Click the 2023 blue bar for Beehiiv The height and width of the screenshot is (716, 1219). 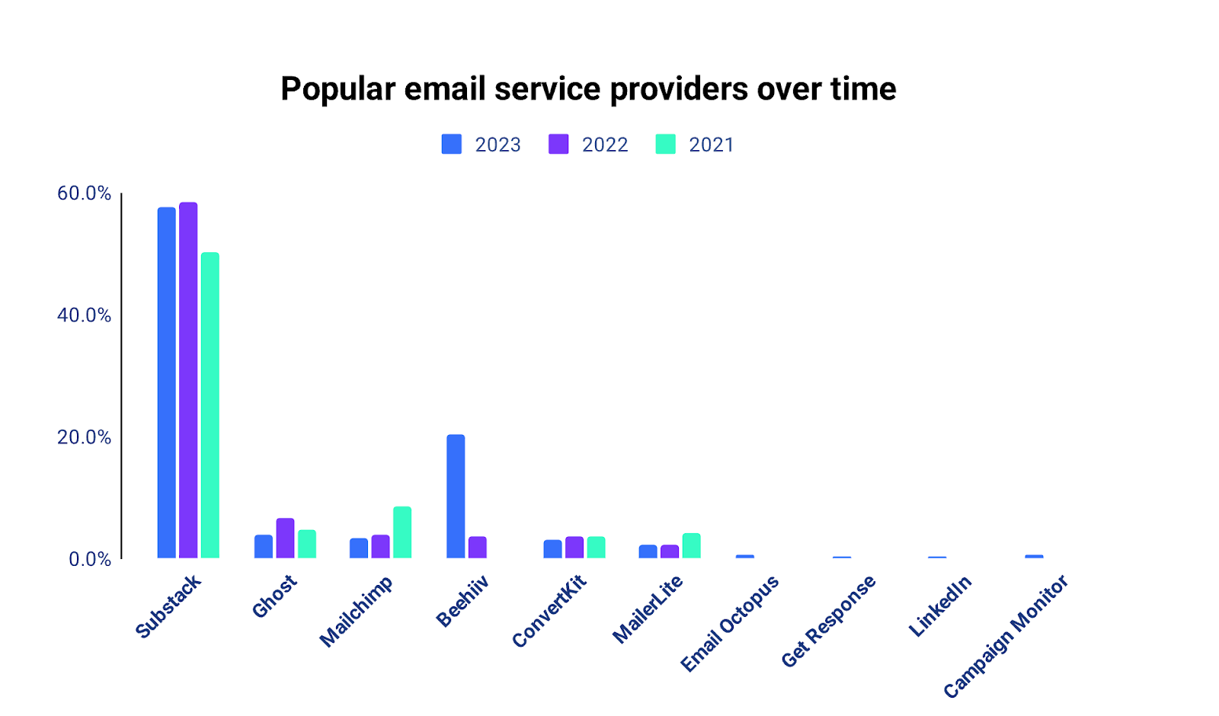[x=456, y=496]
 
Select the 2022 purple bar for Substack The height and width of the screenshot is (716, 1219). [x=188, y=380]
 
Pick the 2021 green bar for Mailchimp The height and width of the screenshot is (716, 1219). [x=402, y=532]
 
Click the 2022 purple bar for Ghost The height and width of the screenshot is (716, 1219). [x=285, y=539]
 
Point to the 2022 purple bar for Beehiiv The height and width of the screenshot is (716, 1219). [x=478, y=547]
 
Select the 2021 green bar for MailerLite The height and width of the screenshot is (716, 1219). [x=691, y=545]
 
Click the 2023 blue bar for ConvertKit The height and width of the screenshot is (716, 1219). [x=552, y=549]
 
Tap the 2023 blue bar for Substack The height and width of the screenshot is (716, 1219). [x=166, y=382]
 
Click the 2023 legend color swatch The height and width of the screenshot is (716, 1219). [x=451, y=144]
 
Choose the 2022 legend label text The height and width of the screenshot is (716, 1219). [x=605, y=145]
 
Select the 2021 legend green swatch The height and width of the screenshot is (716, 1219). [x=665, y=144]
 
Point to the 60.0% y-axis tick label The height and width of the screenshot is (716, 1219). [x=84, y=193]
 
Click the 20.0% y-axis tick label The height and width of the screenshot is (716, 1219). [x=84, y=437]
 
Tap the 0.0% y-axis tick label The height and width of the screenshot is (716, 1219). [x=89, y=559]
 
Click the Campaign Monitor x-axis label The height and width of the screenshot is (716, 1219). [x=1006, y=637]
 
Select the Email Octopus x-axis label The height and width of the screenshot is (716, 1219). [x=730, y=623]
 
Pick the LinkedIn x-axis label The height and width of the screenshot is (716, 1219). [x=940, y=606]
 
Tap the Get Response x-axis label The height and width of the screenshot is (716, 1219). [x=829, y=621]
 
